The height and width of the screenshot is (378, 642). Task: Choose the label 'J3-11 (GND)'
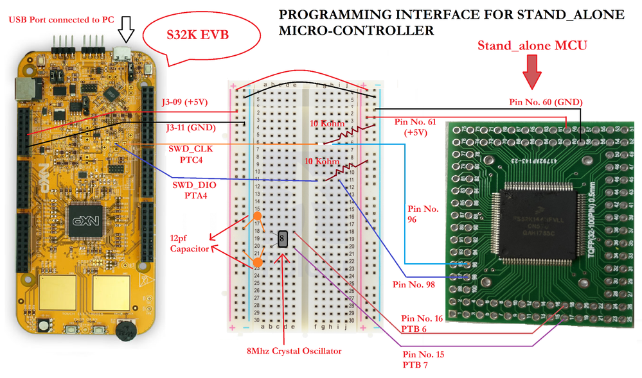coord(188,128)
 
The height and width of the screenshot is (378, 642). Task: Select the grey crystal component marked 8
coord(283,239)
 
